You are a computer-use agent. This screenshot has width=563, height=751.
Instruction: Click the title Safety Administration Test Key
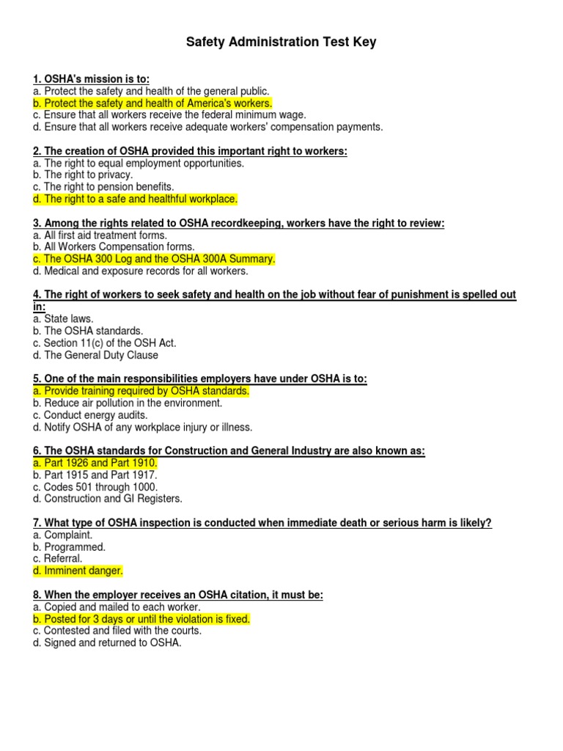click(x=281, y=43)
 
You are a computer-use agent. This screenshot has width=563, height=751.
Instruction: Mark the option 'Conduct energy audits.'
click(x=90, y=415)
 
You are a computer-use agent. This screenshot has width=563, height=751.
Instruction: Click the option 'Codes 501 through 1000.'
click(x=95, y=487)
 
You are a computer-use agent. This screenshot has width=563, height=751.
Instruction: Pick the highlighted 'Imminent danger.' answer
click(x=78, y=571)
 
